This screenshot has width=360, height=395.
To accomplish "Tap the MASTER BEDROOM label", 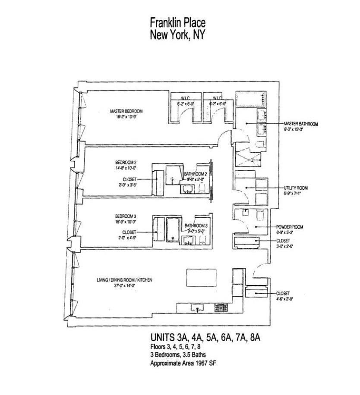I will (x=126, y=111).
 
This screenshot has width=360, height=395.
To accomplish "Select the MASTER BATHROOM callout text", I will (x=301, y=124).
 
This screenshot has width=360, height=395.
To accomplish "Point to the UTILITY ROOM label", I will (x=295, y=188).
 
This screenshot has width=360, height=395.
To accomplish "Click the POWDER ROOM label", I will (x=290, y=227).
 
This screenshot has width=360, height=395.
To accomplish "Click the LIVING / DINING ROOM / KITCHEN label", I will (x=124, y=280).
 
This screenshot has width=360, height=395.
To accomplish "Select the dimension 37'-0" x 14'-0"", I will (x=125, y=285).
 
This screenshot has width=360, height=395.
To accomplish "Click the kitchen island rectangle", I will (x=202, y=277).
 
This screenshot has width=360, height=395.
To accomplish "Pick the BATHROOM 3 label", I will (x=196, y=226).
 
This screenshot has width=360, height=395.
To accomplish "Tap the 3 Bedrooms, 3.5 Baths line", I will (x=177, y=355).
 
